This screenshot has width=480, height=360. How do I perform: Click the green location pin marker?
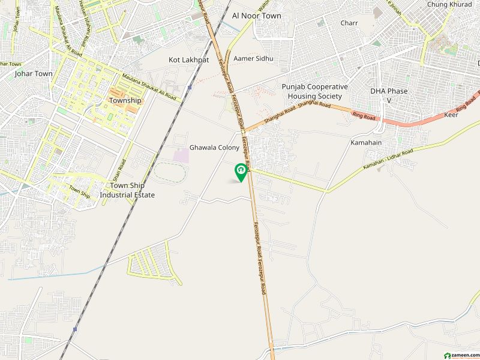[x=241, y=171]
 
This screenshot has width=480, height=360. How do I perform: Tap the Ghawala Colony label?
[x=214, y=148]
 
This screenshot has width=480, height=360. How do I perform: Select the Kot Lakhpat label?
[x=188, y=60]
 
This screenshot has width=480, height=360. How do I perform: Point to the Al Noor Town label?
[x=256, y=16]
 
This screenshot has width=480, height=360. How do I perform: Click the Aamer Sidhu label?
[x=253, y=58]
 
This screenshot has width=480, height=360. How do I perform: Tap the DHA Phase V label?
[x=389, y=95]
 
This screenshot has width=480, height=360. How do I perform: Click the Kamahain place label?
[x=367, y=142]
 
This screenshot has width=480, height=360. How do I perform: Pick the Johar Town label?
[x=34, y=74]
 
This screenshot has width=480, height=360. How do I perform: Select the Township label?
[x=125, y=100]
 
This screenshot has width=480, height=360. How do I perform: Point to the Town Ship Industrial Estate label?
[x=127, y=190]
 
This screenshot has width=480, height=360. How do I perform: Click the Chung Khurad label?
[x=450, y=4]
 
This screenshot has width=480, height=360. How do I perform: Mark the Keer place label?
[x=451, y=115]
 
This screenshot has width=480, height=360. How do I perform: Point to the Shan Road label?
[x=122, y=171]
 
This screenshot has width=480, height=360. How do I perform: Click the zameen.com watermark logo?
[x=460, y=353]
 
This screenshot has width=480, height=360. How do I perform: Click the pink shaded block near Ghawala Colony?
[x=181, y=155]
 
